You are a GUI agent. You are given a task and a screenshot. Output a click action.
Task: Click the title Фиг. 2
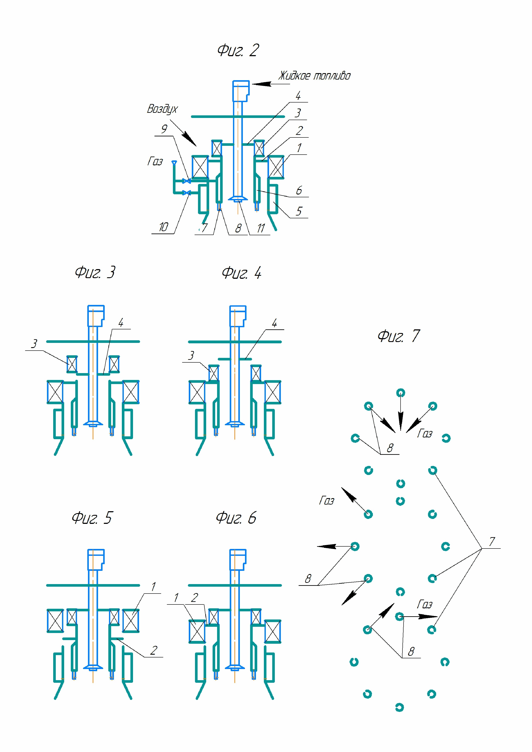click(x=238, y=50)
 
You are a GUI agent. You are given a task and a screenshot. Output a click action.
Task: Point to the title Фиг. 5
click(x=92, y=518)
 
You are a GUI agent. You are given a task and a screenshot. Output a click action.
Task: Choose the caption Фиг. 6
click(x=236, y=518)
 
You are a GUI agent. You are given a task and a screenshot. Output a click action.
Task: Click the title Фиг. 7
click(x=398, y=336)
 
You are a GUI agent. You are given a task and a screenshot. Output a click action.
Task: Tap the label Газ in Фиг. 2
click(x=155, y=161)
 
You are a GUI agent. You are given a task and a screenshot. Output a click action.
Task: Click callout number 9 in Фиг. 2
click(x=164, y=129)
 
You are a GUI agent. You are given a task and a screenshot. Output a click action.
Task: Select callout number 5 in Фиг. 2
click(x=299, y=211)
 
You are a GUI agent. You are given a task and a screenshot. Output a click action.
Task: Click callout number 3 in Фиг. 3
click(x=34, y=344)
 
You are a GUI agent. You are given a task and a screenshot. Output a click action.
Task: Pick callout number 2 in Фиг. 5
click(x=154, y=650)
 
